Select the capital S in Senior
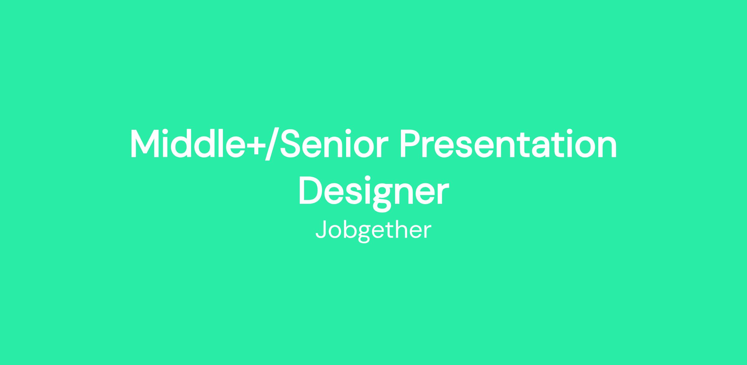(x=292, y=144)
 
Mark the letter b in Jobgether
(x=350, y=230)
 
